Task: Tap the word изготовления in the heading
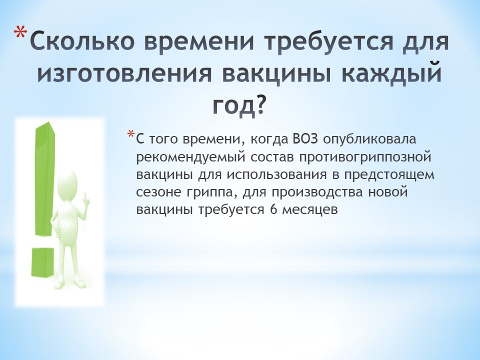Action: coord(124,73)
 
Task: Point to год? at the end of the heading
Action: coord(238,105)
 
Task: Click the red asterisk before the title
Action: coord(21,33)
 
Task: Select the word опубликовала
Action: coord(369,139)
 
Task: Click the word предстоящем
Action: coord(389,175)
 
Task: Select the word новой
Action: coord(388,192)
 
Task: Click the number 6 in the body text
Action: coord(273,210)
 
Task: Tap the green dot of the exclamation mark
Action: coord(43,261)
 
